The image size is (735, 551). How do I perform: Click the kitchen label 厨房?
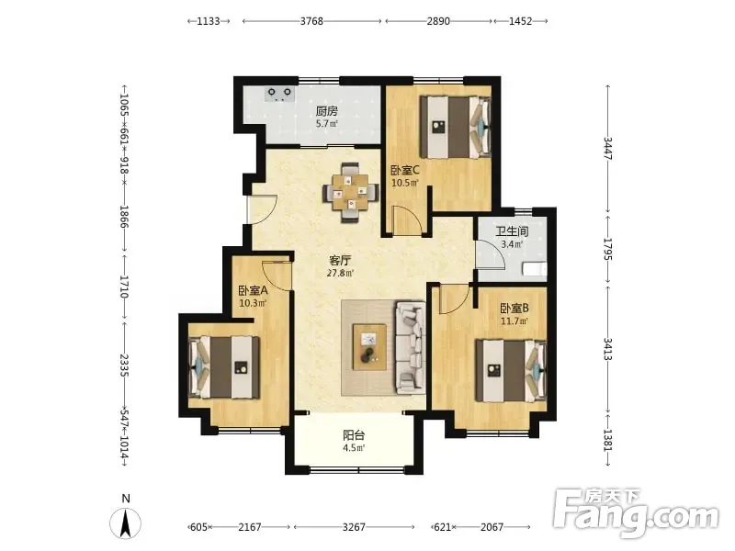tap(327, 111)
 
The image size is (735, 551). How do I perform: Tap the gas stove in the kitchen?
tap(279, 94)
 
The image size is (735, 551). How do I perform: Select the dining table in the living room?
tap(351, 192)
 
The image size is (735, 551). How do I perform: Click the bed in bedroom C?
tap(455, 127)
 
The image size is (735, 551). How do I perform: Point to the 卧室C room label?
tap(405, 170)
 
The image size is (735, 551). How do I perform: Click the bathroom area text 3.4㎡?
tap(512, 244)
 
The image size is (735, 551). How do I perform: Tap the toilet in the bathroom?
tap(535, 269)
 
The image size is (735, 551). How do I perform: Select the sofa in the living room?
tap(411, 347)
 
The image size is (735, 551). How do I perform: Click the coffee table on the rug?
tap(370, 347)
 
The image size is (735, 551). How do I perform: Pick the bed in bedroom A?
tap(224, 367)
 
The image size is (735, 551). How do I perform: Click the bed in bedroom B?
tap(511, 371)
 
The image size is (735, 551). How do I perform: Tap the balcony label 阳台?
tap(354, 435)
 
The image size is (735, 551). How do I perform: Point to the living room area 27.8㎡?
tap(340, 273)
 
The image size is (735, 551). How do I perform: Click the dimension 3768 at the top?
tap(311, 21)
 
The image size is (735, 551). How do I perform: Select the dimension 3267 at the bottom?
tap(354, 527)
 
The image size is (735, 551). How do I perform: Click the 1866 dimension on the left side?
tap(125, 217)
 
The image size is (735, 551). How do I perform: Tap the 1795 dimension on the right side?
tap(608, 249)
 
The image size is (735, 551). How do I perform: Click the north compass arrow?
tap(125, 523)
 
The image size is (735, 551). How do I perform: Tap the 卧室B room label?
tap(514, 308)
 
